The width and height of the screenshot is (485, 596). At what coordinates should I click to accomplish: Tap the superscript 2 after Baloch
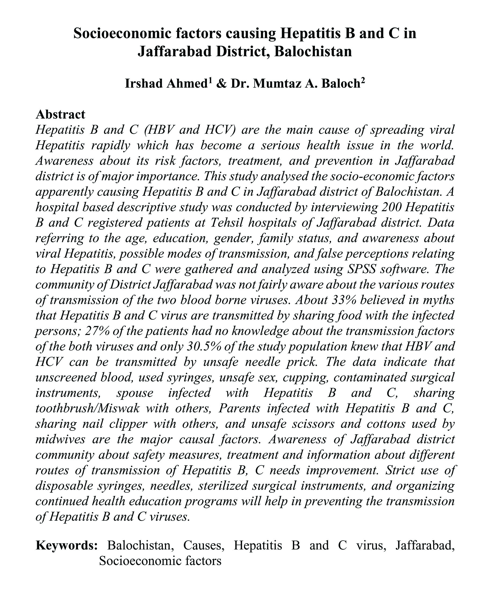pos(363,80)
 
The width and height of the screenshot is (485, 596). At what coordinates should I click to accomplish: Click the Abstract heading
pos(60,114)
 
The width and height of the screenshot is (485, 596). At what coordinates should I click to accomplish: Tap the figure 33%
pos(344,300)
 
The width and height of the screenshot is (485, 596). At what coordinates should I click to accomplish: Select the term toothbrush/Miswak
pos(87,408)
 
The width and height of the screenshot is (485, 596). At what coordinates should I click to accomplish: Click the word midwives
pos(60,439)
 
